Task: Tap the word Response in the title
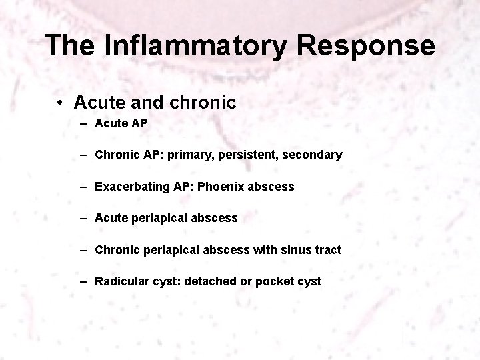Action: [367, 46]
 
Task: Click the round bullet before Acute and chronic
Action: [60, 103]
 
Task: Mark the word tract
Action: [325, 250]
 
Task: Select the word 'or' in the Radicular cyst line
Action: [245, 281]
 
